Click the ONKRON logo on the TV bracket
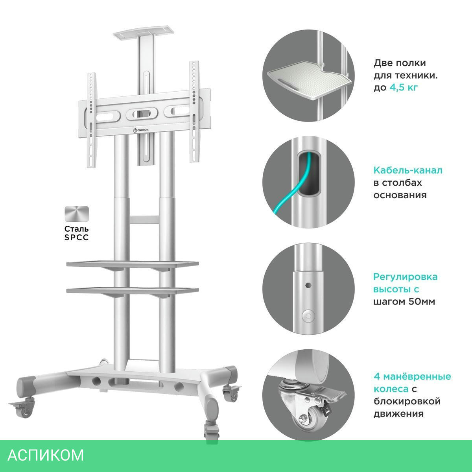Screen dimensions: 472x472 [141, 130]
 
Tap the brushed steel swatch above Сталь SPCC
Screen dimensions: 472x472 [77, 214]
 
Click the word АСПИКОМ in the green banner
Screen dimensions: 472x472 [46, 455]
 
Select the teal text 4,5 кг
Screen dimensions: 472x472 [404, 87]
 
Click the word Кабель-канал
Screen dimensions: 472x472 [408, 170]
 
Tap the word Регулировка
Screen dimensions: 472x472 [406, 277]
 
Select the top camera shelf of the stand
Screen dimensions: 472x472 [143, 31]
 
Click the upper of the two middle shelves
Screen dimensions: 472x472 [132, 264]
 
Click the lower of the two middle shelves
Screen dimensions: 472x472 [132, 291]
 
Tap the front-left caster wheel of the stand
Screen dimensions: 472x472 [24, 409]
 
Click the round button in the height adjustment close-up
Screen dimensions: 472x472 [308, 316]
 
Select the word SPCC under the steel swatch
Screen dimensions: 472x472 [76, 237]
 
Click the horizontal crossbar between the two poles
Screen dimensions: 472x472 [144, 219]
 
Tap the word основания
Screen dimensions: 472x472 [400, 195]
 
